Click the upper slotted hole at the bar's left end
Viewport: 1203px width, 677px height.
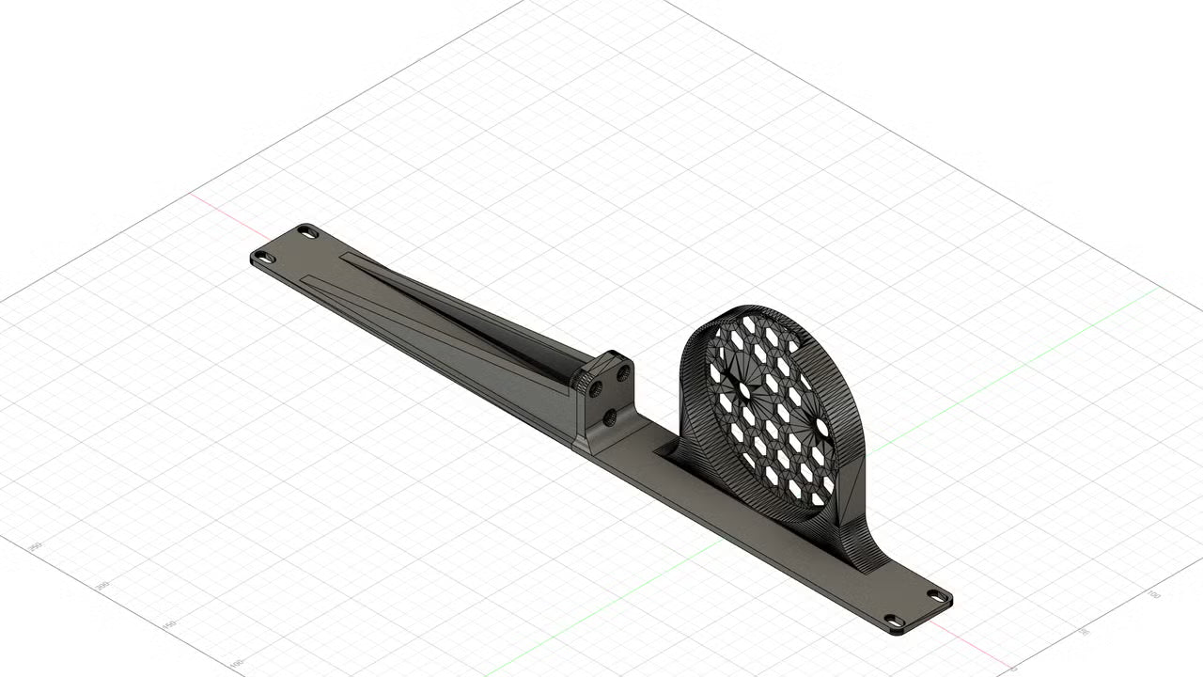coord(307,230)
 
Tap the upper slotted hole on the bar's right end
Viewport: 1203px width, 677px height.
coord(937,595)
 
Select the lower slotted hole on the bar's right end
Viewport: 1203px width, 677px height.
coord(895,622)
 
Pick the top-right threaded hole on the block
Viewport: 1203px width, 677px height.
coord(622,373)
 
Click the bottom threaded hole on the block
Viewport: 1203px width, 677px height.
coord(611,415)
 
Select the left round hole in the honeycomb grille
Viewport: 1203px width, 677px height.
coord(744,388)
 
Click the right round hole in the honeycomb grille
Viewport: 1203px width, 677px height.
coord(822,427)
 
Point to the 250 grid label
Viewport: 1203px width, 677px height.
coord(36,547)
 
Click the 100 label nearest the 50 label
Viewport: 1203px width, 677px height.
coord(1154,594)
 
